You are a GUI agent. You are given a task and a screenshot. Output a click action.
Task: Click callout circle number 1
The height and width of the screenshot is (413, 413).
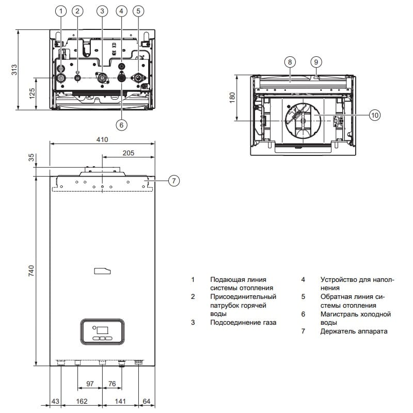[x=61, y=11]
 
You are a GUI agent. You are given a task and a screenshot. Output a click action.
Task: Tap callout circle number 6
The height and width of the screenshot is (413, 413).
[x=121, y=124]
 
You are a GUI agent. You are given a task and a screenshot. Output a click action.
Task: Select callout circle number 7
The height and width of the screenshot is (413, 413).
[x=174, y=181]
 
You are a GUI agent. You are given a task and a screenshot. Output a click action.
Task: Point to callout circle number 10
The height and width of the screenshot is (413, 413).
[x=375, y=115]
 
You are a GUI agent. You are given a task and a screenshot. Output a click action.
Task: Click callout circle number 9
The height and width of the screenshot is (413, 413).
[x=316, y=62]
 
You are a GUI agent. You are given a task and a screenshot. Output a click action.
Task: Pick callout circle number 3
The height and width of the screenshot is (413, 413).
[x=102, y=11]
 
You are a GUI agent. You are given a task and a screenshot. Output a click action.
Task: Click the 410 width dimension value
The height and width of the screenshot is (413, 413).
[x=102, y=139]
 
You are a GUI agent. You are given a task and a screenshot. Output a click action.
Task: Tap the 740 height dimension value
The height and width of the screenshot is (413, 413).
[x=31, y=271]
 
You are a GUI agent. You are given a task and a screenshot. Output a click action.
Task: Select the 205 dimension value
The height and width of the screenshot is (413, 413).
[x=128, y=153]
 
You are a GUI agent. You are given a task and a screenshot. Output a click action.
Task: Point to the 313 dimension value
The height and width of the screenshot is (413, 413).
[x=14, y=70]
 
